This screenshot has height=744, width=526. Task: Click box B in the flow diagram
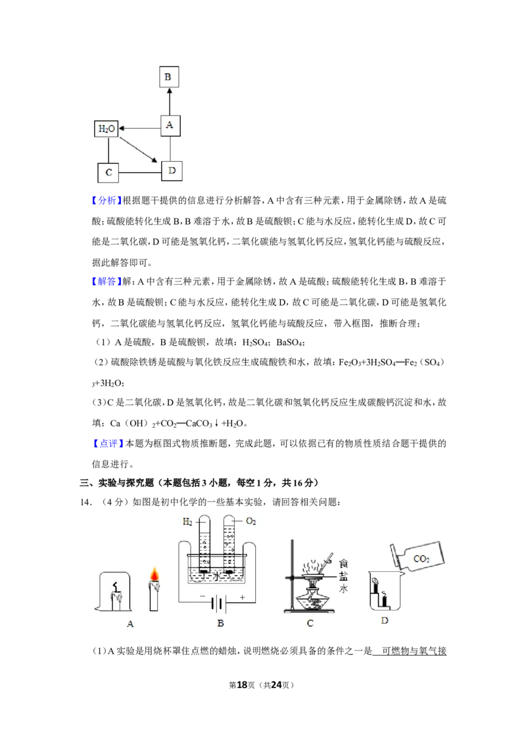point(169,77)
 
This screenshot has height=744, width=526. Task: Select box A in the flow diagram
point(170,126)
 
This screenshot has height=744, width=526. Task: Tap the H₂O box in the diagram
point(107,129)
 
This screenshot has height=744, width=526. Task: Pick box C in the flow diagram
point(108,173)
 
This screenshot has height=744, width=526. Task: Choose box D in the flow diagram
point(172,171)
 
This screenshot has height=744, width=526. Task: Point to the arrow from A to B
point(170,101)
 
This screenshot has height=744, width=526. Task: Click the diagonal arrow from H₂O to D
point(137,150)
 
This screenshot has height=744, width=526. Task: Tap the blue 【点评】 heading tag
point(108,444)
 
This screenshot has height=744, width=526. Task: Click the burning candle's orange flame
point(154,574)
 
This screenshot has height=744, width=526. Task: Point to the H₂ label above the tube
point(187,522)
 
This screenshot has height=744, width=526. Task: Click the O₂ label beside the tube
point(251,521)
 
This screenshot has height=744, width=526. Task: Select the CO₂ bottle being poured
point(418,557)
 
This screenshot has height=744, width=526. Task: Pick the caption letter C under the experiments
point(310,624)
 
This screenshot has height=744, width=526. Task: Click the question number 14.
point(85,503)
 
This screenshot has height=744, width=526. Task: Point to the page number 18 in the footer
point(242,685)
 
